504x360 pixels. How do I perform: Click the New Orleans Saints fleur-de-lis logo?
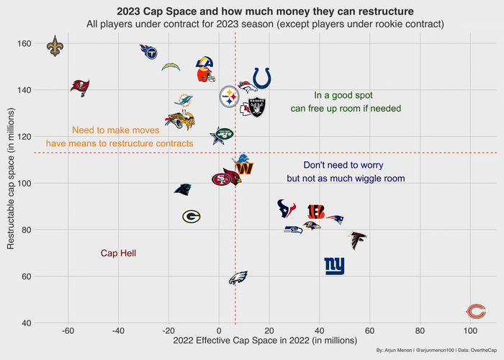[55, 47]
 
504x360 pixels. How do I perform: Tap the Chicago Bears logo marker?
[475, 311]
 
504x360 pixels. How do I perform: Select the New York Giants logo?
[334, 266]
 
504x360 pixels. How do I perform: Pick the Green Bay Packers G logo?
[191, 216]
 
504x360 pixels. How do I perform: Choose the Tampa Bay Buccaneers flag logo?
[80, 87]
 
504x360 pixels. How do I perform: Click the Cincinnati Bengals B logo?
[315, 211]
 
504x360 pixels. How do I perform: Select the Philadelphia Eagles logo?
[238, 278]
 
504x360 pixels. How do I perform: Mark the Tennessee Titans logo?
[149, 52]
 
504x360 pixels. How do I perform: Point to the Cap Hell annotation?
[118, 253]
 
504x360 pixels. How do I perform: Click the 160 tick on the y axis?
[24, 44]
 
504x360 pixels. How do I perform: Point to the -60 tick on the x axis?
[68, 331]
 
